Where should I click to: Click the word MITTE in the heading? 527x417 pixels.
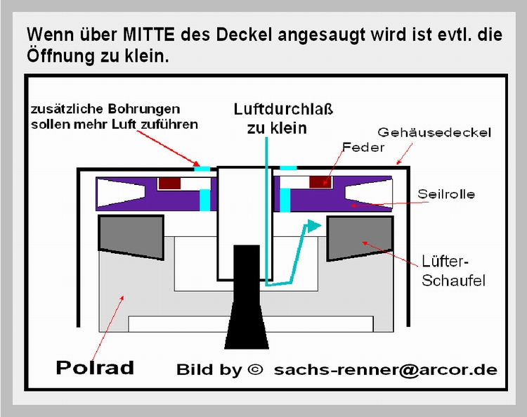click(x=149, y=34)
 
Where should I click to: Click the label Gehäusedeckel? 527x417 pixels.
click(x=434, y=132)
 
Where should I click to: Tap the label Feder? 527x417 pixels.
click(x=363, y=147)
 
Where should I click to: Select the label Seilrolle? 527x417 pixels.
click(x=446, y=194)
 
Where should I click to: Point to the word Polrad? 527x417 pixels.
click(x=95, y=367)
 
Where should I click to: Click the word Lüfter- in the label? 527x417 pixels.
click(x=445, y=262)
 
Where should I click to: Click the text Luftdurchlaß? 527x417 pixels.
click(x=283, y=109)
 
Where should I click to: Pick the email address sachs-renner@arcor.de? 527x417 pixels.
click(x=386, y=370)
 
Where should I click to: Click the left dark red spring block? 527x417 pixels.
click(x=169, y=184)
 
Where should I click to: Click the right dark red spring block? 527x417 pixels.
click(x=320, y=182)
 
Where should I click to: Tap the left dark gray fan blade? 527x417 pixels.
click(x=131, y=237)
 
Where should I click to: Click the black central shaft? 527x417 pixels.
click(x=247, y=297)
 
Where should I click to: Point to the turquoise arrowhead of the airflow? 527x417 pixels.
click(x=314, y=226)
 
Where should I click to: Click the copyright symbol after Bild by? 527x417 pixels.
click(x=255, y=370)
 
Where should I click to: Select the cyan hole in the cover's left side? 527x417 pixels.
click(x=202, y=168)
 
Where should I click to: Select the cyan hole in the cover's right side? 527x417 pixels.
click(x=288, y=168)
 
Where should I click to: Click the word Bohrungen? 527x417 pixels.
click(x=144, y=109)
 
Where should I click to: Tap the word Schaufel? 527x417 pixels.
click(x=453, y=281)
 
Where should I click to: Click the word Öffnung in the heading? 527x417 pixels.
click(x=60, y=55)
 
